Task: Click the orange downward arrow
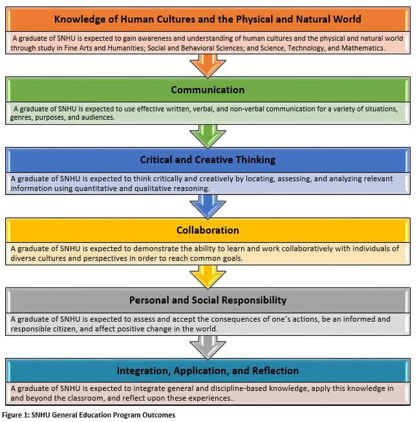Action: point(208,65)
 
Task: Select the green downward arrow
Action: point(208,136)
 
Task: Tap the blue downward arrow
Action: point(208,206)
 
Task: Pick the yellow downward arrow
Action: point(208,277)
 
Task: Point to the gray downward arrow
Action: point(208,348)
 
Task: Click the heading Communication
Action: point(208,90)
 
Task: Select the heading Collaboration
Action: point(208,230)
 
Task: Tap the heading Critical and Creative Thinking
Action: point(208,160)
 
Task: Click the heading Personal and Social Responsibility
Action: point(208,300)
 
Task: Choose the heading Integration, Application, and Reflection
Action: point(208,371)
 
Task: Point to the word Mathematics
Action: point(363,48)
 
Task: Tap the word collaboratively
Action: point(307,249)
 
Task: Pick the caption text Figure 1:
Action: point(16,415)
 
